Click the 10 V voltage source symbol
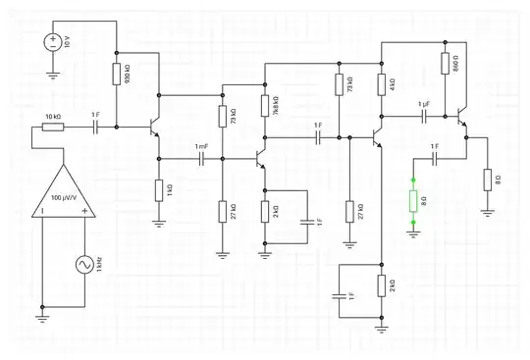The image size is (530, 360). pos(52,41)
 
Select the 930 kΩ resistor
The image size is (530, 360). pos(116,75)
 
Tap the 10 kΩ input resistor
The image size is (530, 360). pos(53,127)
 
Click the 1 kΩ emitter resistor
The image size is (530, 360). pos(158,189)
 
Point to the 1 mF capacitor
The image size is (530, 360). pos(201,157)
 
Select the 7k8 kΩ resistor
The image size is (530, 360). pos(264,106)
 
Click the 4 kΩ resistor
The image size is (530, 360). pos(380,84)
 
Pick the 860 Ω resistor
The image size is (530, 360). pos(445,64)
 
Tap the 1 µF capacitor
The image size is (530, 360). pos(425,115)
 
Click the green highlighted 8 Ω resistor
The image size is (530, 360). pos(413,201)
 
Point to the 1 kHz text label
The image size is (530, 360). pos(98,264)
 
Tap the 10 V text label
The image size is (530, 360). pos(68,41)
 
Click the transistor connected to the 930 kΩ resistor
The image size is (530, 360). pos(153,128)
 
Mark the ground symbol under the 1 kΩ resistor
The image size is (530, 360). pos(158,223)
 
